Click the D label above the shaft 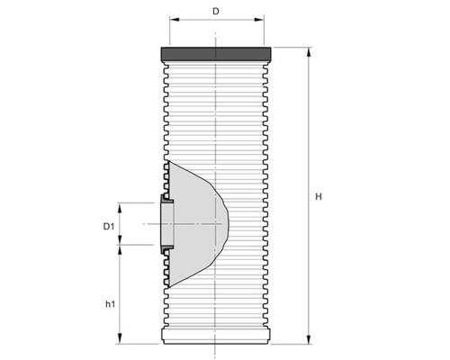coord(216,12)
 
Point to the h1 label coord(110,304)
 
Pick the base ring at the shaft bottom coord(216,337)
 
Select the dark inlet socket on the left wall coord(165,222)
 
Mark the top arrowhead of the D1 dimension coord(121,204)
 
